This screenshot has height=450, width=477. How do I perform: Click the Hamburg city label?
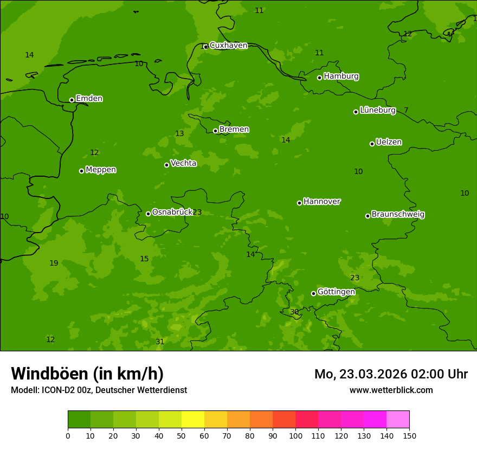pos(341,76)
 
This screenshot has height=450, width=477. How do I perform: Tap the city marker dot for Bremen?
pos(215,131)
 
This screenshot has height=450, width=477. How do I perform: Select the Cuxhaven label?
pos(228,46)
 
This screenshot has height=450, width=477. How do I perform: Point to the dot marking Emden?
pos(72,100)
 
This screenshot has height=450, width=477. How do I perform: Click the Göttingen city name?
pos(336,292)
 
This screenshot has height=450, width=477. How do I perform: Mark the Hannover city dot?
pos(299,203)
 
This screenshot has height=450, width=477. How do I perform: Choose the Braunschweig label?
pos(398,215)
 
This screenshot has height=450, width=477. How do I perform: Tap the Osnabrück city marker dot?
pos(148,214)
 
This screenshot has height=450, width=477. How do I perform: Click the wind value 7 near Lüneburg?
pos(406,111)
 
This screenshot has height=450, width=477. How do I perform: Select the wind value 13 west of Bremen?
pos(179,134)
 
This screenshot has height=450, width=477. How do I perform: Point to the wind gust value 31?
pos(160,342)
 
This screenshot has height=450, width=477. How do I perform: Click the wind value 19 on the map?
pos(54,263)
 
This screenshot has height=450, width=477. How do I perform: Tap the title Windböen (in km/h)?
pos(87,374)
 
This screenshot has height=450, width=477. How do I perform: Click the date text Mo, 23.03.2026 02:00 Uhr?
pos(391,374)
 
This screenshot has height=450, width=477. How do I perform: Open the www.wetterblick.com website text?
pos(391,390)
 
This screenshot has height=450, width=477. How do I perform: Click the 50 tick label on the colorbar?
pos(182,435)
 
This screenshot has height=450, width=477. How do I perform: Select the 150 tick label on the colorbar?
pos(409,435)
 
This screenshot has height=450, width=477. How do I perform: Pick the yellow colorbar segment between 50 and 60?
pos(193,420)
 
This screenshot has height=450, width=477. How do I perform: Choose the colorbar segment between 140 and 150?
pos(398,420)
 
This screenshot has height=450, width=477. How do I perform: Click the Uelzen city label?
pos(389,143)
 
